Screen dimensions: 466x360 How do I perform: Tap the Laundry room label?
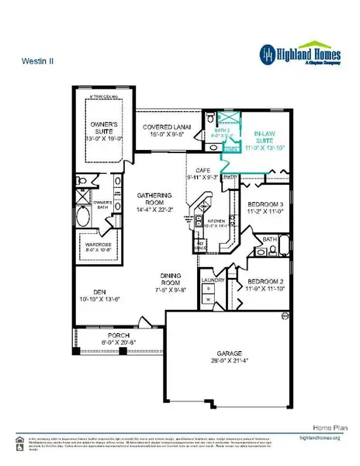[213, 280]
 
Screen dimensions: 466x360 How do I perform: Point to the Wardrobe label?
[99, 243]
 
